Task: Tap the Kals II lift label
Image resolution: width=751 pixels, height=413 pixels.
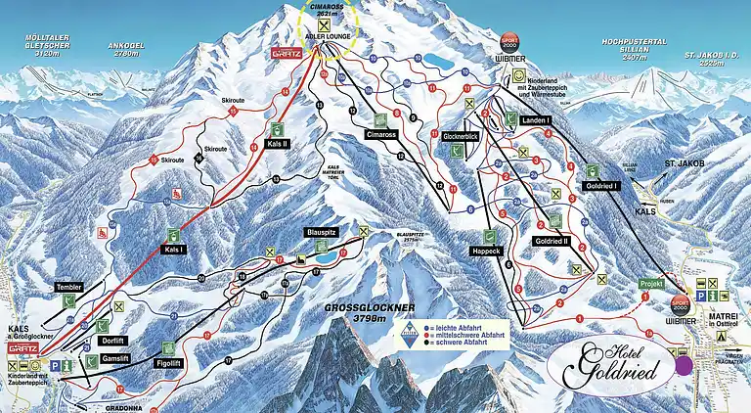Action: [x=278, y=144]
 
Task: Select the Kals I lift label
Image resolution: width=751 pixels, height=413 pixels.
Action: [x=173, y=250]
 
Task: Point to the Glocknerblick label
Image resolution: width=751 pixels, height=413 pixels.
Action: [x=460, y=136]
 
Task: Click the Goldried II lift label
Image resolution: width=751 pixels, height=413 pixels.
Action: [x=552, y=240]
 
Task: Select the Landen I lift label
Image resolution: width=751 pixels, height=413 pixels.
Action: [x=537, y=119]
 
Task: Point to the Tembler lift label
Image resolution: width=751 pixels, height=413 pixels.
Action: [x=68, y=287]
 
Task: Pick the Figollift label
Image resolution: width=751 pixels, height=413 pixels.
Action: [x=170, y=361]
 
